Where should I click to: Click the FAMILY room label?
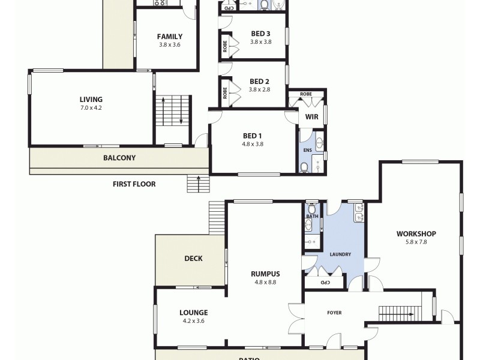tap(170, 37)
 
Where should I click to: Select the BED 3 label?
tap(260, 34)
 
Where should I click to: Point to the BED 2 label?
tap(259, 82)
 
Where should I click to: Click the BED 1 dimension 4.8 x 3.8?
tap(253, 144)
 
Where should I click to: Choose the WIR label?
tap(311, 117)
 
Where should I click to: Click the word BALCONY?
tap(119, 158)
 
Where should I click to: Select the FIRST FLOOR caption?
tap(134, 184)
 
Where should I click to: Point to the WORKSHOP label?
tap(416, 234)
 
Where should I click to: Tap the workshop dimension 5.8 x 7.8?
tap(416, 243)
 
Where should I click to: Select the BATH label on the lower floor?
tap(312, 216)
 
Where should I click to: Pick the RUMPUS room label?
tap(265, 274)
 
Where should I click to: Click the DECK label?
tap(193, 259)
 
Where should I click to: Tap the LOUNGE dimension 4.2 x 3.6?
tap(193, 321)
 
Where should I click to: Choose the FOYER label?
tap(334, 313)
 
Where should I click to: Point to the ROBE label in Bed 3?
tap(225, 47)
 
